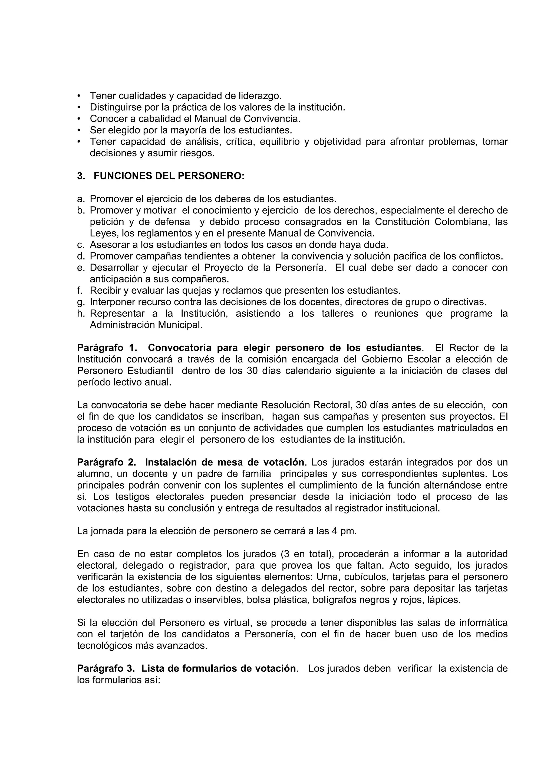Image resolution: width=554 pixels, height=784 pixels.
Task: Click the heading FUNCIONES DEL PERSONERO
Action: point(169,176)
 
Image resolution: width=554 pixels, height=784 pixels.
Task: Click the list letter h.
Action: point(81,314)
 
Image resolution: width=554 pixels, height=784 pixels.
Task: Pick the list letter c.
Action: point(81,245)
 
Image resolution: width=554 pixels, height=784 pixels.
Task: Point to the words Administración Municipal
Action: point(146,325)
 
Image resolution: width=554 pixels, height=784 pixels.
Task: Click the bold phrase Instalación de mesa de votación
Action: point(225,462)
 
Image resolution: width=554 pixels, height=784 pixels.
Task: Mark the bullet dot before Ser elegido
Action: point(80,130)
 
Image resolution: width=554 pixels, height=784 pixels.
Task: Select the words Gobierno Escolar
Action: point(399,359)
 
